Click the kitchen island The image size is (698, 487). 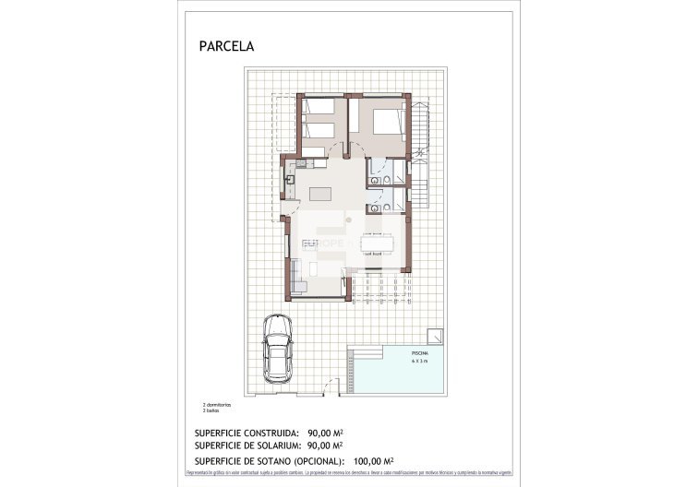pos(320,194)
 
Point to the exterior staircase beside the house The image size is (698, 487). pos(420,152)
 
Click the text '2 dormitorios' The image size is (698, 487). pos(216,405)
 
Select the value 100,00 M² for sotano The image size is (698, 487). pos(373,459)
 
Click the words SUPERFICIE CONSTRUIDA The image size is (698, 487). pos(247,432)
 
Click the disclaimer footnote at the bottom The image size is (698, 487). pos(348,471)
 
